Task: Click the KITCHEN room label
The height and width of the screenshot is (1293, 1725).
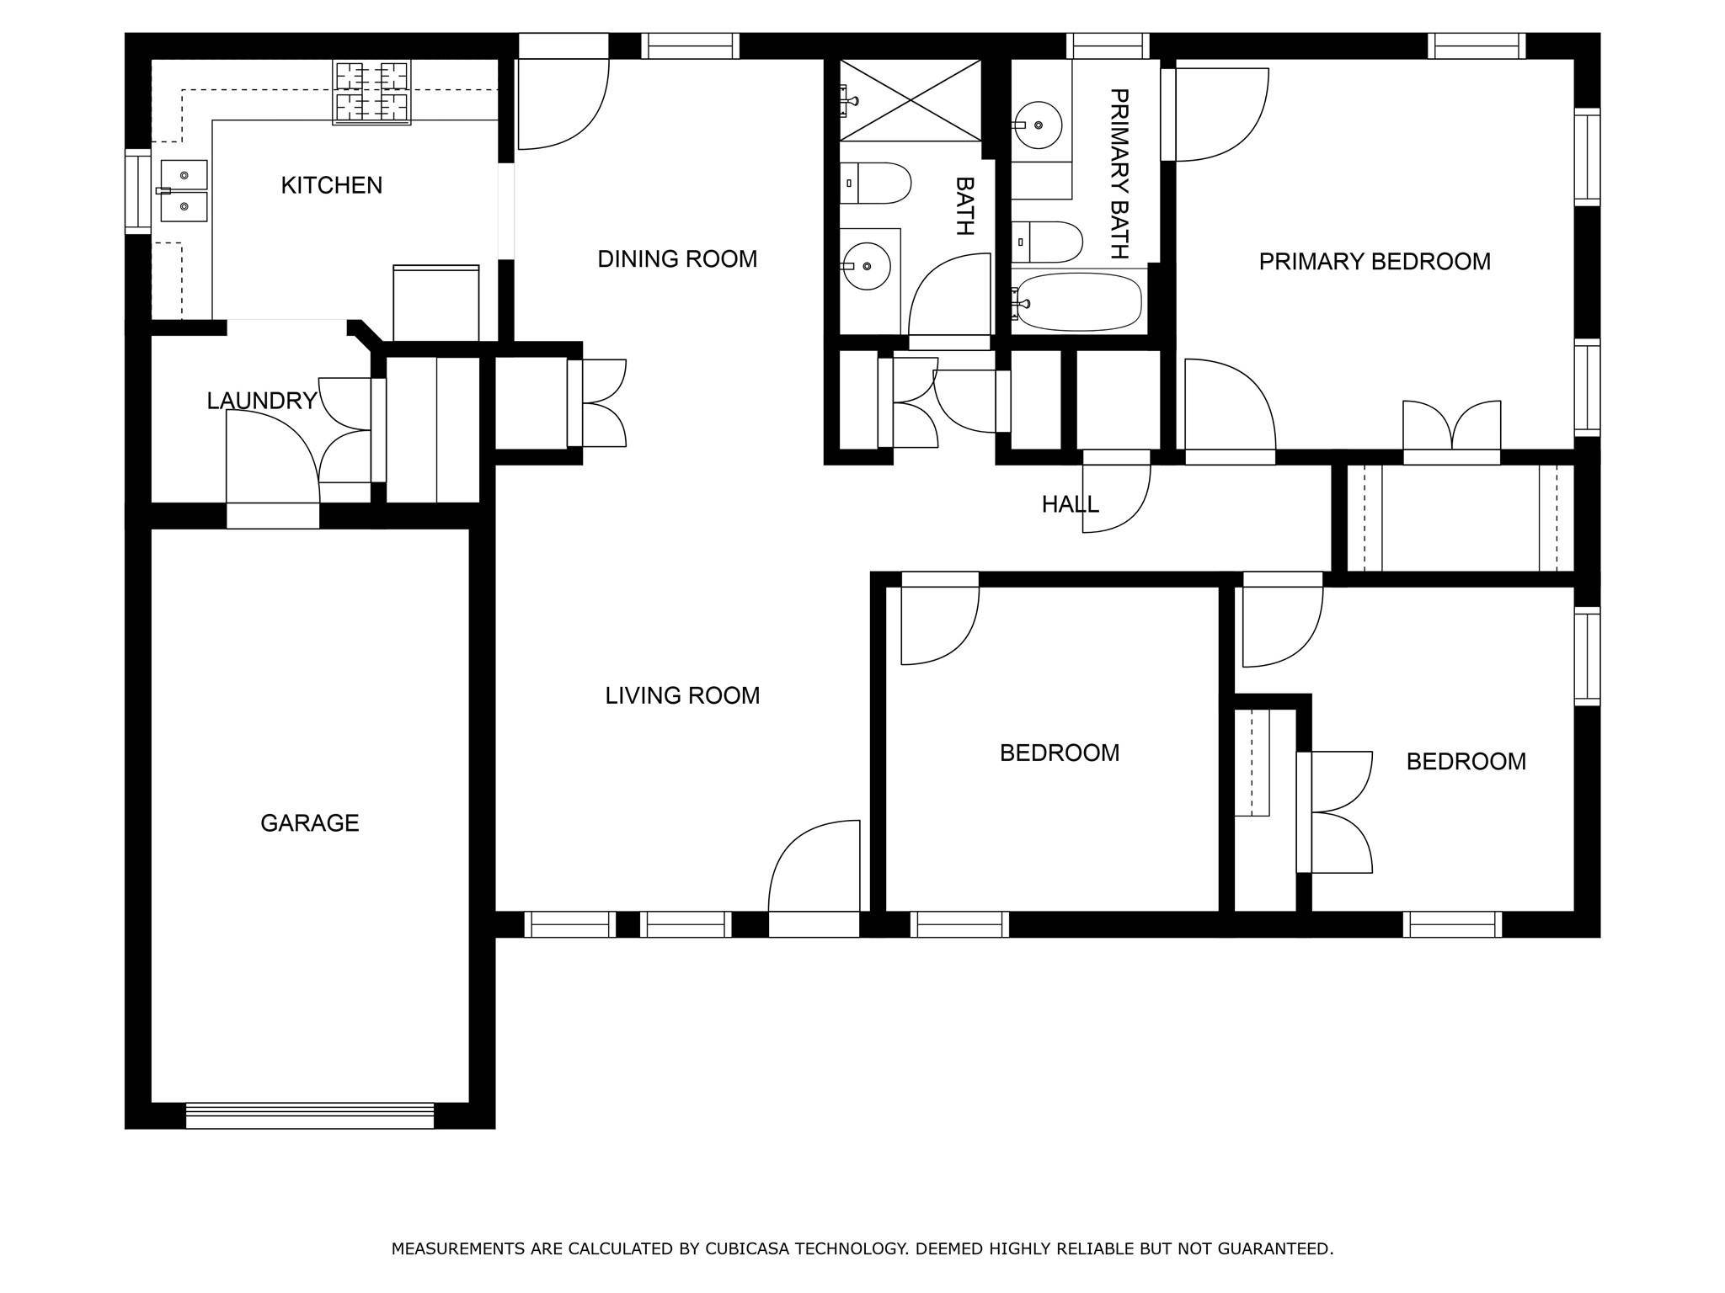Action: click(331, 185)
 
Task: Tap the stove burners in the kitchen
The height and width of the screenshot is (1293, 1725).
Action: click(371, 93)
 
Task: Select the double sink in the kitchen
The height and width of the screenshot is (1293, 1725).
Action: click(184, 191)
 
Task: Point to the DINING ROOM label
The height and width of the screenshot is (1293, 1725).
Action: click(677, 259)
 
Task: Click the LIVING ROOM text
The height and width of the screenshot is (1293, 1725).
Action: click(682, 695)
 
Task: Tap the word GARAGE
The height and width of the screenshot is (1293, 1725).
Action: click(309, 822)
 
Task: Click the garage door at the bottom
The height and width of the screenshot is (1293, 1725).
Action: click(309, 1115)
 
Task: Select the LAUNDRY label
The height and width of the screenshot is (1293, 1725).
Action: click(262, 401)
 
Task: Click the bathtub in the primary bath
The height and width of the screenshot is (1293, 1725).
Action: click(1078, 302)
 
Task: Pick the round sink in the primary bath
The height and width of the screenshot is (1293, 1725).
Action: click(1038, 125)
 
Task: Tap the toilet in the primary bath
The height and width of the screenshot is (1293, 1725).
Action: click(1047, 242)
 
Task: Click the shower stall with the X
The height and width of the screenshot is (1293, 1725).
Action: click(911, 99)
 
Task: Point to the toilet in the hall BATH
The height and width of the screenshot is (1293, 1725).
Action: click(875, 184)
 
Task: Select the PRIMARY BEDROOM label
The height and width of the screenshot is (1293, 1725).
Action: click(1375, 262)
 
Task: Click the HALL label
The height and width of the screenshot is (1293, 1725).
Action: click(1070, 504)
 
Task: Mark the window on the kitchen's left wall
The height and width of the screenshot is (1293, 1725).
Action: click(138, 191)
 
